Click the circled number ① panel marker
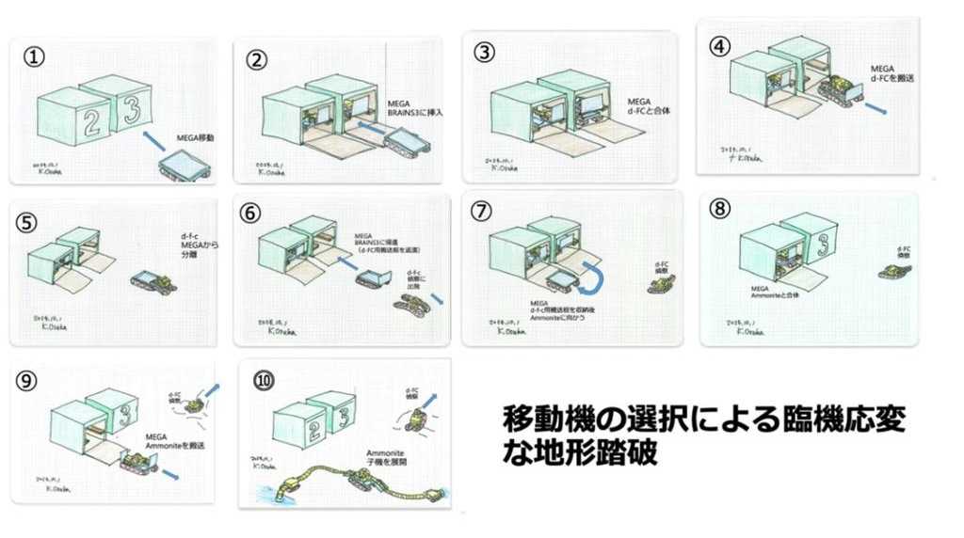tap(34, 56)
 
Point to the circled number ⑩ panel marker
tap(264, 380)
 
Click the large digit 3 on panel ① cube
tap(130, 108)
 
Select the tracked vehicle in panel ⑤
tap(155, 280)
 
